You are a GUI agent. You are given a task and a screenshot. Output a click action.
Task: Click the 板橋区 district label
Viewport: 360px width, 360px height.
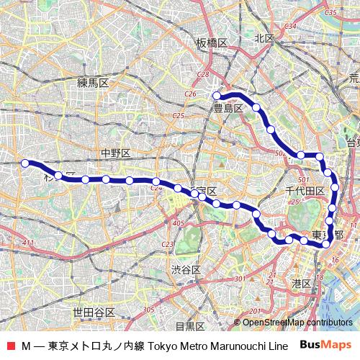point(212,43)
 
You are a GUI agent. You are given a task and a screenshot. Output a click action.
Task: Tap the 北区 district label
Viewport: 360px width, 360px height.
point(266,38)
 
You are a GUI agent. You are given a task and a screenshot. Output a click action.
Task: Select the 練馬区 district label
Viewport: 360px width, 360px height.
point(93,83)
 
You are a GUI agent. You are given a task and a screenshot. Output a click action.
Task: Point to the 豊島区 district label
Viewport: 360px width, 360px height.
point(228,109)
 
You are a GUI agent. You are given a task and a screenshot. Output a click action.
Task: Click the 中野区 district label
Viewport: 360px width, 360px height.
point(114,153)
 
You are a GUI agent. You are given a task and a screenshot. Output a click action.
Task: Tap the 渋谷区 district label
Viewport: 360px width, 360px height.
point(185,269)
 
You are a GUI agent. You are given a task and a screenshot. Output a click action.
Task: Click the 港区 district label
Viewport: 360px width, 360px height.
point(301,284)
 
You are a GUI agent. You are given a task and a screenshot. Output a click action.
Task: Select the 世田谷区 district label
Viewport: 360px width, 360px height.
point(94,312)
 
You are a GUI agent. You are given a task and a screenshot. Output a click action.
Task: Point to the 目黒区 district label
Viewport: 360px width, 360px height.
point(190,326)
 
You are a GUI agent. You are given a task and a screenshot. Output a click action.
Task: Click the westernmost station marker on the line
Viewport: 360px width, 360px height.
point(25,163)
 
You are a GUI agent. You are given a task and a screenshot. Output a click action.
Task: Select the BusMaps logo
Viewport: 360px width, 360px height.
point(325,345)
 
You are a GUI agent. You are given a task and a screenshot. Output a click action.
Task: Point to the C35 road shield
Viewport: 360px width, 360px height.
point(331,13)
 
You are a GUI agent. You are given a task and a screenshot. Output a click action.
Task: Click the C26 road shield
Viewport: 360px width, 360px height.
point(190,94)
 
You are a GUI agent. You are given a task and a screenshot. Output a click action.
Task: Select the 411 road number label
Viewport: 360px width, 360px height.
point(28,246)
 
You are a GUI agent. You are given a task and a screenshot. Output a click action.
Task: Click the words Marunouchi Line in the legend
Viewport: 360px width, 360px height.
point(248,346)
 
